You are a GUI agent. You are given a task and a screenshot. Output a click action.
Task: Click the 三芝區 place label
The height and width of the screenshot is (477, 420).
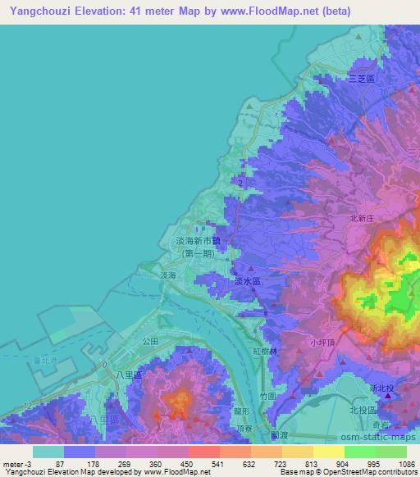[361, 79]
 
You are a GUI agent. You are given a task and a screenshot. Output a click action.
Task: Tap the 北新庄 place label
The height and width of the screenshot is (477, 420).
[362, 219]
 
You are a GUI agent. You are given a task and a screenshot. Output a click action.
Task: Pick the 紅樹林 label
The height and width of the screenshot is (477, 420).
[266, 351]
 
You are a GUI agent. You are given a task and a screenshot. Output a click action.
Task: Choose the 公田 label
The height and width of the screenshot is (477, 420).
[149, 339]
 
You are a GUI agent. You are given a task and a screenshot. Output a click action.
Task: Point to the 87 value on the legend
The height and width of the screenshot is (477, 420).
[60, 465]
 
